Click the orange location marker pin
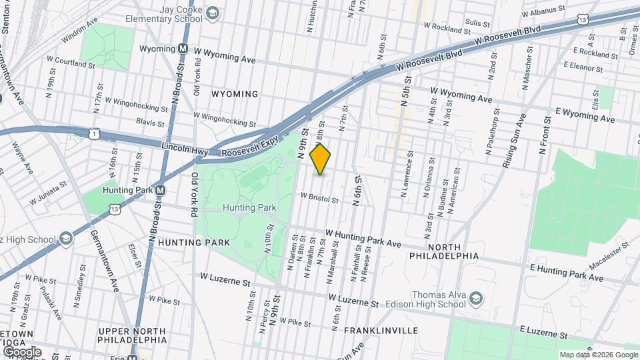click(321, 159)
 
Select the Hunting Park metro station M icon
click(160, 190)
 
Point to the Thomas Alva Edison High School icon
click(476, 297)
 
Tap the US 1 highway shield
click(93, 135)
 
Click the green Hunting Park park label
click(250, 207)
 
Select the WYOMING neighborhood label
click(234, 94)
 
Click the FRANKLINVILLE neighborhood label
click(381, 330)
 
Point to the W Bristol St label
click(319, 198)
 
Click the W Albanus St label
click(544, 13)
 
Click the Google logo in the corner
click(22, 351)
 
